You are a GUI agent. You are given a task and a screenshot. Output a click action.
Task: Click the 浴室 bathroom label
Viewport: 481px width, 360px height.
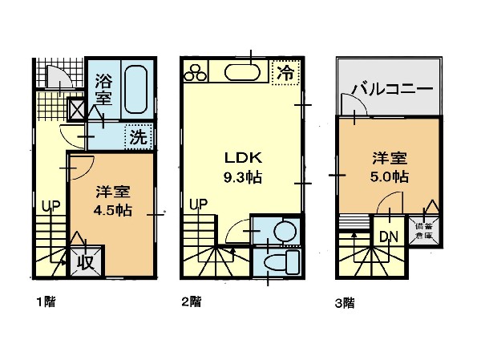point(103,89)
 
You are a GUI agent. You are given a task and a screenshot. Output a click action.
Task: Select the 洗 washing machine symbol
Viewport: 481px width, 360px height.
point(139,137)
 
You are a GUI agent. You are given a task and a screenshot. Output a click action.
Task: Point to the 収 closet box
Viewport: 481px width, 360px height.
point(83,261)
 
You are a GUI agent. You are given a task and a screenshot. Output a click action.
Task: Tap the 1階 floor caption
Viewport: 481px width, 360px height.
point(44,302)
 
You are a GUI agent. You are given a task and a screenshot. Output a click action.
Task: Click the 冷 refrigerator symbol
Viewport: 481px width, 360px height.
point(285,72)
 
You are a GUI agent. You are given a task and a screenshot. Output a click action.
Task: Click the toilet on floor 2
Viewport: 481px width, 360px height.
point(281,262)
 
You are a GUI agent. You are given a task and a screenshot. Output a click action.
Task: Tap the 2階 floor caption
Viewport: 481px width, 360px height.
point(189,302)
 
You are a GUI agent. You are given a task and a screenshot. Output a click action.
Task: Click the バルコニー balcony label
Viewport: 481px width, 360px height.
point(393,89)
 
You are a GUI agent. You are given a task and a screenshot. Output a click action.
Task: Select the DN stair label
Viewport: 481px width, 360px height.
point(390,237)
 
